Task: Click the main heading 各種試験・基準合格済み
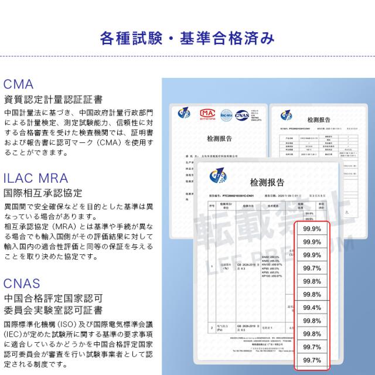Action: [187, 39]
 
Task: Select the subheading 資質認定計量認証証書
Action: [53, 99]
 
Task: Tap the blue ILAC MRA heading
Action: [36, 178]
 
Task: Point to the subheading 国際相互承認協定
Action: [43, 192]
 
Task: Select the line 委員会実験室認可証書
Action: [53, 310]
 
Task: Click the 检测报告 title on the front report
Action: [267, 182]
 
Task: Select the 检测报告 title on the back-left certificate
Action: [219, 139]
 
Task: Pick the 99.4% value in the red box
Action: [312, 308]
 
